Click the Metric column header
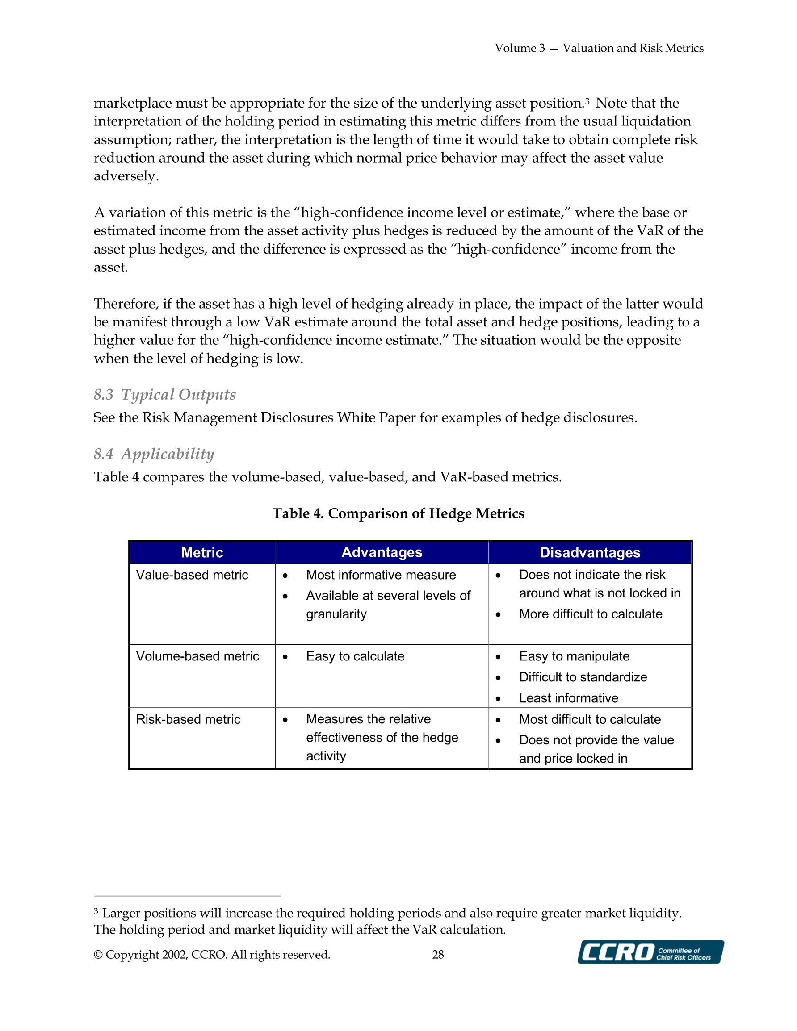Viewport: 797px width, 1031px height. click(x=202, y=552)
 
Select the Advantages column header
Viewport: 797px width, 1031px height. click(x=382, y=552)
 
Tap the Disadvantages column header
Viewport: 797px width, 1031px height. click(x=590, y=552)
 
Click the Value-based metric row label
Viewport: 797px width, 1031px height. click(x=192, y=575)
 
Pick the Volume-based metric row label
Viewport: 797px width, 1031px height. click(x=197, y=656)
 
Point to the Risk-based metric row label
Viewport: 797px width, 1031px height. click(x=188, y=719)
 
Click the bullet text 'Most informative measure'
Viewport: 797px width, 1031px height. click(x=381, y=575)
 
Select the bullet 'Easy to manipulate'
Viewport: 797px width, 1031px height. click(x=574, y=656)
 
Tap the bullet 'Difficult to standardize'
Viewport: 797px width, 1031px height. click(x=583, y=677)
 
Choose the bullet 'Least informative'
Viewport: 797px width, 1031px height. click(x=568, y=698)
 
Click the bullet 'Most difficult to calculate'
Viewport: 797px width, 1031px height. click(x=590, y=719)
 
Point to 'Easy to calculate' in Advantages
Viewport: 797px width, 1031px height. click(x=355, y=656)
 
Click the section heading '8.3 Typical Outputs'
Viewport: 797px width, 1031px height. click(x=165, y=395)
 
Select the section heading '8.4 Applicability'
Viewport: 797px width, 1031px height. click(x=154, y=454)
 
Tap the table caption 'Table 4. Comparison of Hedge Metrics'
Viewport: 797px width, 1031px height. click(x=398, y=513)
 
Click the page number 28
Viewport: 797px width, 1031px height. click(x=438, y=955)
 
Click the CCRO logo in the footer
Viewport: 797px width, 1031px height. click(x=650, y=952)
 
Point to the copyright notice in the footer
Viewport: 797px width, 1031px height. click(x=212, y=955)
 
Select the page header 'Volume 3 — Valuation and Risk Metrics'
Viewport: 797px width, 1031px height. click(x=599, y=48)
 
